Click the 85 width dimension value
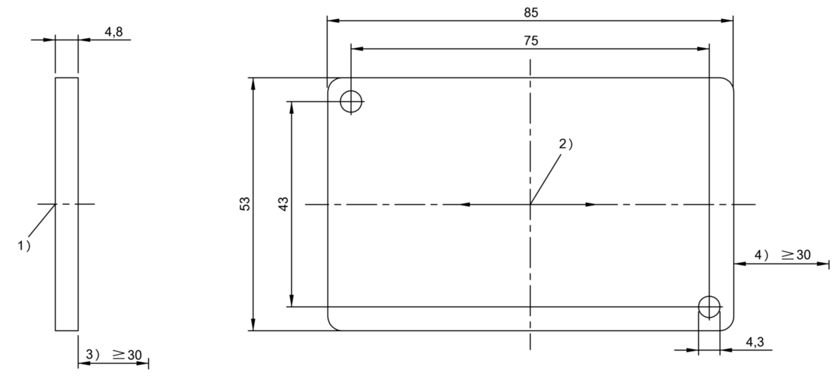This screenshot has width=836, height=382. [531, 13]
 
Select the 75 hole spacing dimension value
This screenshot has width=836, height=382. [531, 41]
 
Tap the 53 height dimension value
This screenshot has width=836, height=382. [245, 204]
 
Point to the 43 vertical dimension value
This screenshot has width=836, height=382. [284, 204]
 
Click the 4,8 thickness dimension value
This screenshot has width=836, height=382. [113, 32]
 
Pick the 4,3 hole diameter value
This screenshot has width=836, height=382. [755, 341]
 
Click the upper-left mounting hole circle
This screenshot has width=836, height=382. [351, 91]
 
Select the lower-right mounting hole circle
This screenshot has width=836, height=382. [709, 297]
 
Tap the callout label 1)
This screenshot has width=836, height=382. [24, 245]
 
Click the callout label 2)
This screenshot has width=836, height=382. [565, 144]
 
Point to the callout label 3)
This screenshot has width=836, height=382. [93, 354]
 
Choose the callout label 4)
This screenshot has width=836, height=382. [761, 255]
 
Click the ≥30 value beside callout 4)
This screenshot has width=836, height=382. [797, 255]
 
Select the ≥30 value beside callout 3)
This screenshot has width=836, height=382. [127, 355]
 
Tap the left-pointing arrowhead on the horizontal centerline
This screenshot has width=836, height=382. [464, 205]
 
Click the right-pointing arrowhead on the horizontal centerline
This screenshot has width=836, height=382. [591, 205]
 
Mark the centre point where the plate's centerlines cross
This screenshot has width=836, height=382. [530, 205]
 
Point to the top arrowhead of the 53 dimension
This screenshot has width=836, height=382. [253, 84]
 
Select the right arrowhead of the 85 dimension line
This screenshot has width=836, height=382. [727, 21]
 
